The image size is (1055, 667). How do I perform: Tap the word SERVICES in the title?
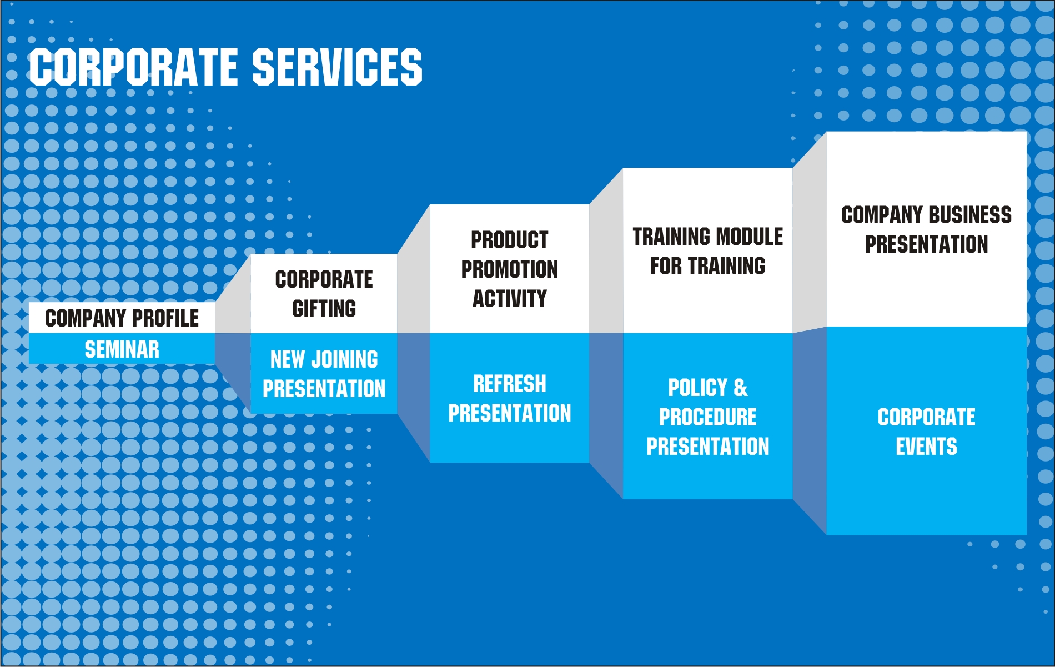tap(338, 67)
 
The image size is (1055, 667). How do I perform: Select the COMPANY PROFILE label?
tap(122, 318)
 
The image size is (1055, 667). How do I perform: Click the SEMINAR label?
tap(122, 349)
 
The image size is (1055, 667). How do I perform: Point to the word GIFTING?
tap(324, 309)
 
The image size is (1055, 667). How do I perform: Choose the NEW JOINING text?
tap(324, 359)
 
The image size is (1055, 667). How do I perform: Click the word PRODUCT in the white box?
tap(510, 240)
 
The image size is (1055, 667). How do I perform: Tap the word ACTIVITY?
tap(510, 299)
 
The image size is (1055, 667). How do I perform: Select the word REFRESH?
tap(510, 384)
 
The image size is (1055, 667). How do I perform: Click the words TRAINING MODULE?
tap(708, 237)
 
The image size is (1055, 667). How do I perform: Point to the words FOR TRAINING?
tap(708, 266)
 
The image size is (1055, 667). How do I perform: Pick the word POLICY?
tap(698, 388)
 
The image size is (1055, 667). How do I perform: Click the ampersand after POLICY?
tap(741, 388)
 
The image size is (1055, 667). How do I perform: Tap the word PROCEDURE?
tap(708, 417)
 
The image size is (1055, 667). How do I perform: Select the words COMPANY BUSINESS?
tap(927, 215)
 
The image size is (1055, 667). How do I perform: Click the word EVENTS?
tap(927, 447)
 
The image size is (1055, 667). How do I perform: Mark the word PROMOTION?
tap(510, 269)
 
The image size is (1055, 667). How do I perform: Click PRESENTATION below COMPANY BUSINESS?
tap(927, 244)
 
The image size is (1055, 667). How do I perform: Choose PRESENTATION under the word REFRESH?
tap(510, 413)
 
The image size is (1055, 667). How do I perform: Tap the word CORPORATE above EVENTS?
tap(927, 417)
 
